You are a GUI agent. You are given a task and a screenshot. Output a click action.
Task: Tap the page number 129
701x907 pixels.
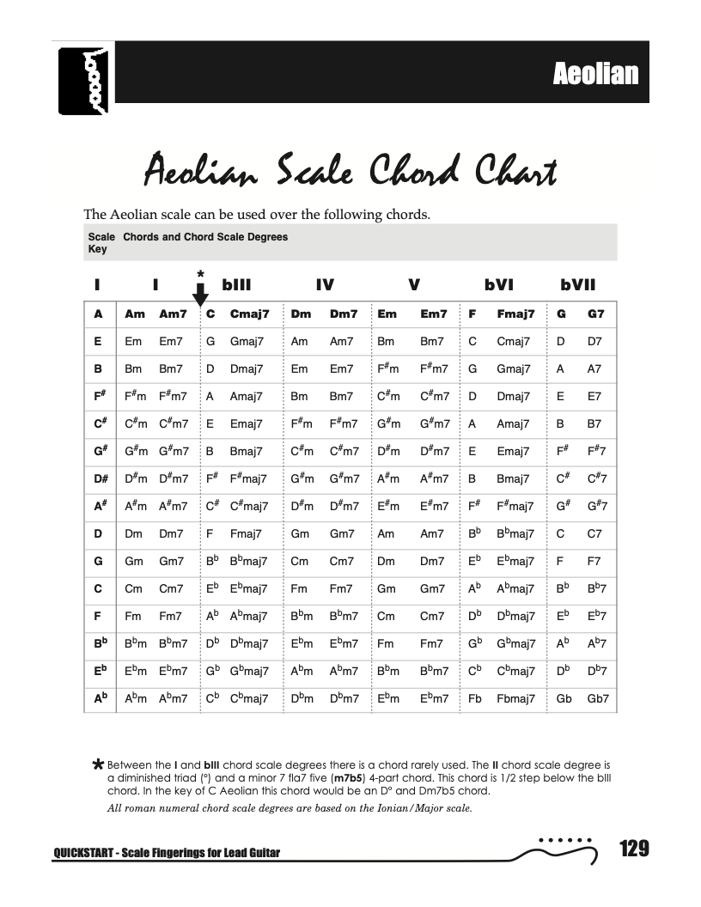(x=633, y=849)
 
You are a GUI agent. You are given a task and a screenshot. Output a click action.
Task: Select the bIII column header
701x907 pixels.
(x=237, y=285)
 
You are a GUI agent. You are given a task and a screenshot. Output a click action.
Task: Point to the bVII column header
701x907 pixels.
(x=577, y=285)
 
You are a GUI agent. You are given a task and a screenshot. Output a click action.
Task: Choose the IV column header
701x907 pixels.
(x=325, y=285)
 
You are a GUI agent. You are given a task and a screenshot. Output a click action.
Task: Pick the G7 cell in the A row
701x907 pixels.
(x=596, y=314)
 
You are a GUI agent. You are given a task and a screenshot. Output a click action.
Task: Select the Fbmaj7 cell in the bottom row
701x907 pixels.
(x=515, y=698)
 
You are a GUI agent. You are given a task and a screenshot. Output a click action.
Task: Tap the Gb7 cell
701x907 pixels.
(x=598, y=698)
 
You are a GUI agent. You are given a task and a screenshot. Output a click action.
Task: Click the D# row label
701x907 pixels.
(x=100, y=478)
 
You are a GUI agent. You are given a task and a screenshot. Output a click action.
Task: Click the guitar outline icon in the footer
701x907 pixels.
(x=558, y=849)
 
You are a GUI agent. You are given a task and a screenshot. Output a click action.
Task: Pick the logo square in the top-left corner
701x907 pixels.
(x=86, y=82)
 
